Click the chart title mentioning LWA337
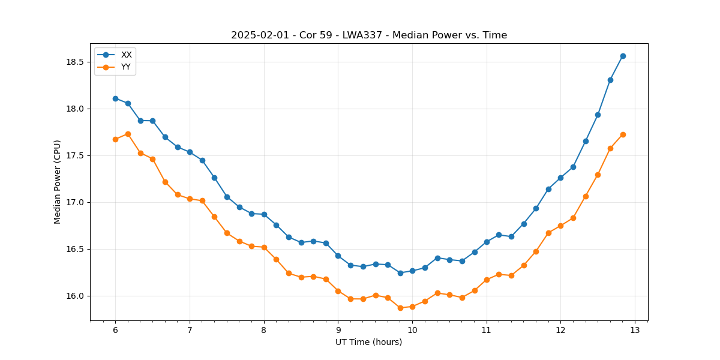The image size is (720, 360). [x=369, y=35]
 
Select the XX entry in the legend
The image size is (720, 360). [x=126, y=55]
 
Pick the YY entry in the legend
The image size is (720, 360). [x=126, y=67]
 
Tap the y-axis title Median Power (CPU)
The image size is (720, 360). [x=58, y=182]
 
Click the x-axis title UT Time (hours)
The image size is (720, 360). [x=369, y=342]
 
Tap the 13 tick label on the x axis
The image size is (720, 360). [x=635, y=330]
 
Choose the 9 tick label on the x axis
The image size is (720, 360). [x=338, y=330]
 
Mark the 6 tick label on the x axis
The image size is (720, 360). [x=115, y=330]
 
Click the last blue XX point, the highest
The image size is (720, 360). [x=623, y=56]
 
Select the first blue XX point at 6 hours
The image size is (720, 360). [x=115, y=98]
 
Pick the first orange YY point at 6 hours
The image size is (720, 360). [x=115, y=139]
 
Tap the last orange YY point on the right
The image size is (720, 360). [x=623, y=134]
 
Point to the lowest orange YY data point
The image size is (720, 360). [x=400, y=308]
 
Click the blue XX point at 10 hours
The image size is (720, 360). [x=412, y=271]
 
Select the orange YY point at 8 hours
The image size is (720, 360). [x=264, y=247]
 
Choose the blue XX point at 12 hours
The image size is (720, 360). [x=560, y=178]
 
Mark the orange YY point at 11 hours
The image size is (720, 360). [x=487, y=280]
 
